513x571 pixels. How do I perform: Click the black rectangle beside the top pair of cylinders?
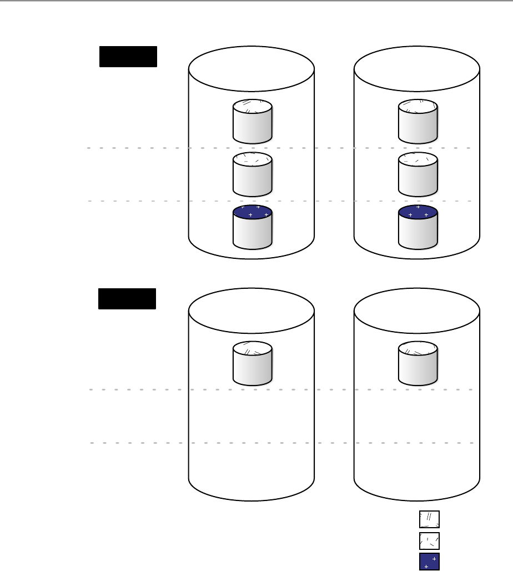(x=128, y=57)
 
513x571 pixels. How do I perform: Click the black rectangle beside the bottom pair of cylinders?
(x=127, y=298)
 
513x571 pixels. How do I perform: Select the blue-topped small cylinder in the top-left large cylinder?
(x=252, y=228)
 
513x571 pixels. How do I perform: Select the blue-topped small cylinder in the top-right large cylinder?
(x=418, y=228)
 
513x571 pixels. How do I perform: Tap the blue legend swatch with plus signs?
(x=429, y=562)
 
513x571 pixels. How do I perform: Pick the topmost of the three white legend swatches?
(x=429, y=519)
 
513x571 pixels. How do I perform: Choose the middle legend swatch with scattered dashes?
(x=429, y=540)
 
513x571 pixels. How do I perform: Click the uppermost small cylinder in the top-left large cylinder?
(x=252, y=122)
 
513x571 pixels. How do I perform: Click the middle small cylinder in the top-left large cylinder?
(x=252, y=174)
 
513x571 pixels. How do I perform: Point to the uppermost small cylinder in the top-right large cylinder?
(x=418, y=122)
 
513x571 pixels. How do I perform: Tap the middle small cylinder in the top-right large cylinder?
(x=418, y=174)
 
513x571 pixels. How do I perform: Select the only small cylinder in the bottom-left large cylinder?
(x=252, y=363)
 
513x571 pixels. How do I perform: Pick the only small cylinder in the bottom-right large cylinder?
(x=418, y=363)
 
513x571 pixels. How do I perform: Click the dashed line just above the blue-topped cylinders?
(x=139, y=201)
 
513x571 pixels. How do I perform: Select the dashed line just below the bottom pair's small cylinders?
(x=139, y=390)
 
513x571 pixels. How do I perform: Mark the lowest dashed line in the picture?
(x=139, y=443)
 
